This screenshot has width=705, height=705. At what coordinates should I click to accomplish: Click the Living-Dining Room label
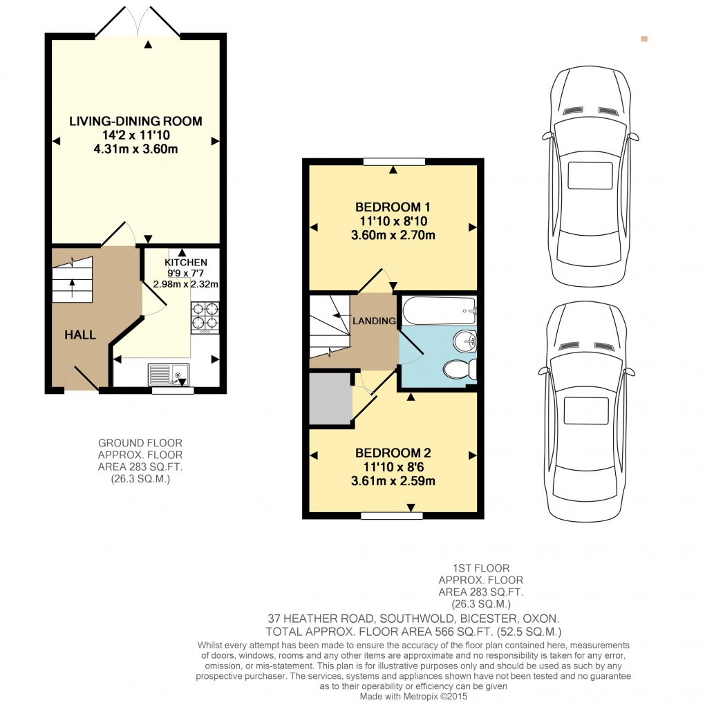point(135,121)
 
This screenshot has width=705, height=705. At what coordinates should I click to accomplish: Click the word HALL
point(80,335)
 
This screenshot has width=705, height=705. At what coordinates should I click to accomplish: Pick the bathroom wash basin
point(464,340)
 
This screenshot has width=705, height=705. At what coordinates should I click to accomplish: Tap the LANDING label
point(374,321)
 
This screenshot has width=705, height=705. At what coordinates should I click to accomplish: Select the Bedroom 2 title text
point(393,453)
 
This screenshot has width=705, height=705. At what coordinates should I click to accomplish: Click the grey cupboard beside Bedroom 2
point(330,399)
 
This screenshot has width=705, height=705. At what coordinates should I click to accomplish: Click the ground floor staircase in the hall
point(72,276)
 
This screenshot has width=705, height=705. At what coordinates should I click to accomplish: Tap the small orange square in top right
point(644,39)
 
